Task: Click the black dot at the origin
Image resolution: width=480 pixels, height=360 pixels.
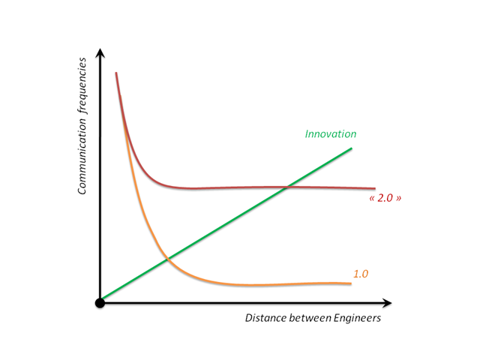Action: point(100,302)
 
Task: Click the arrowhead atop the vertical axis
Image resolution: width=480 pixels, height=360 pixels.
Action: point(100,52)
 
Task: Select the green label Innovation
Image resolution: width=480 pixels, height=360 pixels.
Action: point(330,133)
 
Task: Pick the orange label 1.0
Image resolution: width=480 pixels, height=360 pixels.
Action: point(360,274)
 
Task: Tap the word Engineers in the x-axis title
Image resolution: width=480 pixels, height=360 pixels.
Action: point(355,318)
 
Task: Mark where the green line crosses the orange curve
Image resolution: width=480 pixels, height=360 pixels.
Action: point(167,259)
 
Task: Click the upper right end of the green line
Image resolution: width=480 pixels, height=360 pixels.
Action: point(351,148)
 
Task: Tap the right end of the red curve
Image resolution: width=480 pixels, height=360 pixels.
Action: point(374,188)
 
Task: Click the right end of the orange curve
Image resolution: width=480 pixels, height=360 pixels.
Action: point(350,283)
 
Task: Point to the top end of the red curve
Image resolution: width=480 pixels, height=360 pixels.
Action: point(116,73)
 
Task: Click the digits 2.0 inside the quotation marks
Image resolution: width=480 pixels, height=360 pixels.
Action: point(382,199)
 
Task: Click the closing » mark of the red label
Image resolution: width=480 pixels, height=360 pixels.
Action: point(394,200)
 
